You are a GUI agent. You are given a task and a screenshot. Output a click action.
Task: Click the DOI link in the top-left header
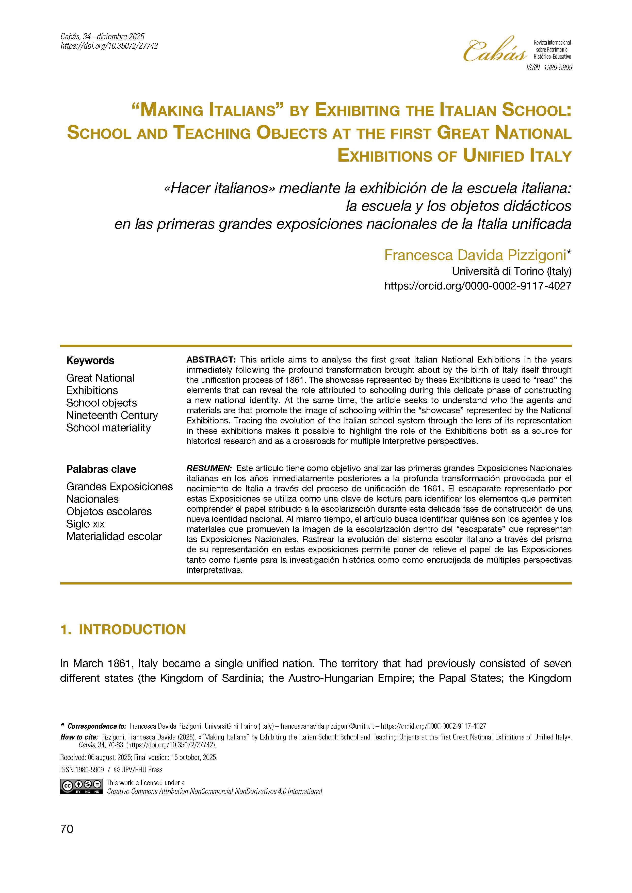coord(109,46)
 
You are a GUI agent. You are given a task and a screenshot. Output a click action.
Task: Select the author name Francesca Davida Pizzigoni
coord(475,255)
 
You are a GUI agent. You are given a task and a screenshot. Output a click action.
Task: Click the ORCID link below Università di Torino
coord(478,286)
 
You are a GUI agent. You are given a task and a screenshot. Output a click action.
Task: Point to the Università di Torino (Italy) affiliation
coord(511,271)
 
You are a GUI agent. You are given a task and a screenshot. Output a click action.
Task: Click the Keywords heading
coord(90,360)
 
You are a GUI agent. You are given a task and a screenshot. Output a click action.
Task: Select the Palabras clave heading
coord(101,469)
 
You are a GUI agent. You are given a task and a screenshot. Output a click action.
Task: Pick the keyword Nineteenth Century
coord(112,415)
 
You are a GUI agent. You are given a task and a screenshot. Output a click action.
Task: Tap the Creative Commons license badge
coord(81,786)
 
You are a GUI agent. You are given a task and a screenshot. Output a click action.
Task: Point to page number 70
coord(67,829)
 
